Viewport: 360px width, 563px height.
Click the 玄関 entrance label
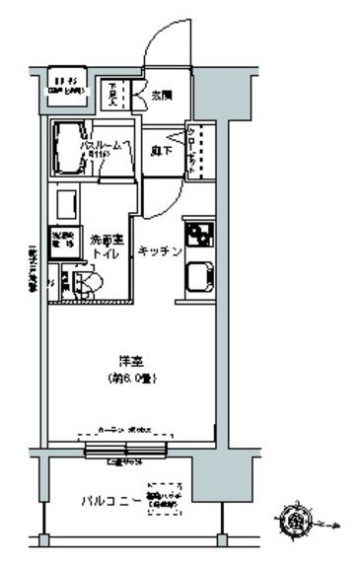coord(162,95)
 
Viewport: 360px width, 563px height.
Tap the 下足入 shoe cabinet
coord(115,95)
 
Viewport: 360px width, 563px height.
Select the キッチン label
coord(159,250)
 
